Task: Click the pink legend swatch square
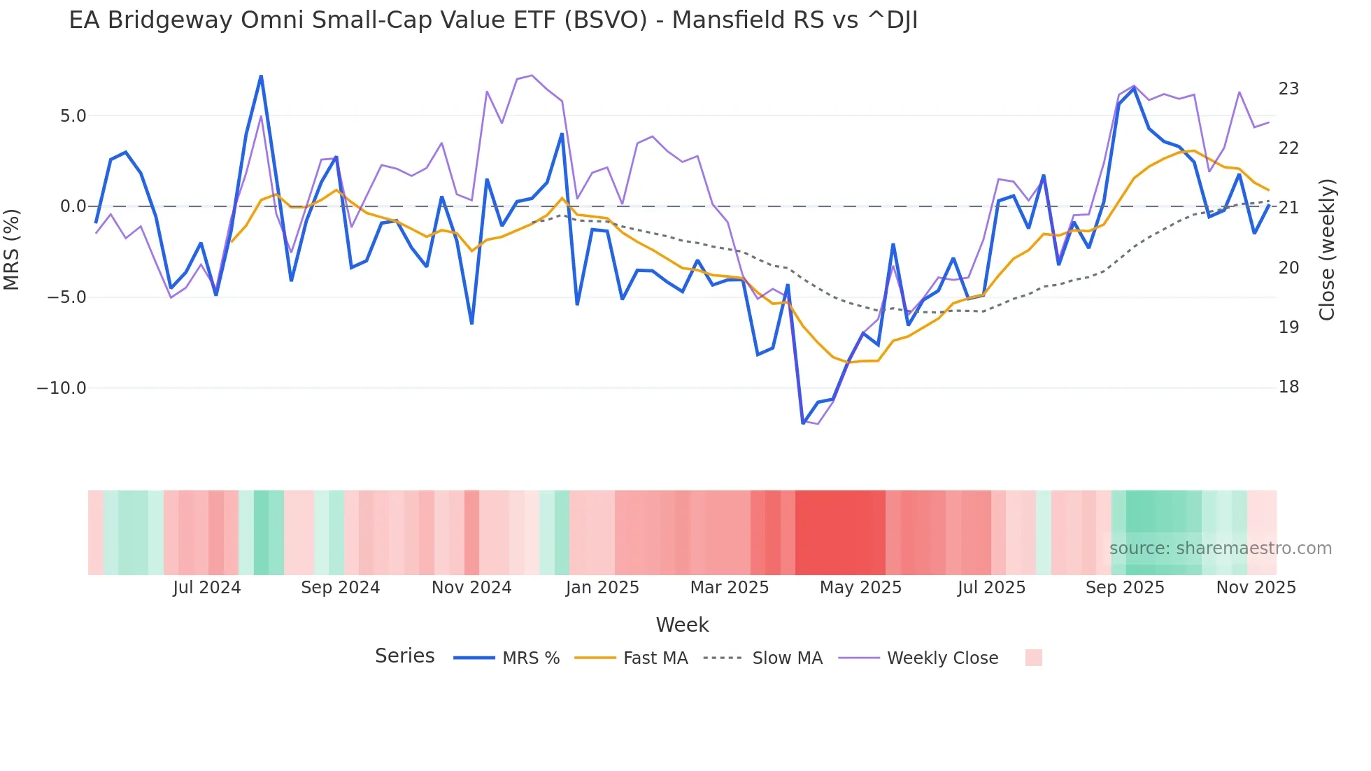(1033, 658)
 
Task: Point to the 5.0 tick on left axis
(73, 116)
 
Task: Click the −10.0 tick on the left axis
(62, 388)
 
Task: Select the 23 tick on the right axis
(1288, 89)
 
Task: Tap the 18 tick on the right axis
(1288, 387)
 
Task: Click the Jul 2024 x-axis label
(206, 588)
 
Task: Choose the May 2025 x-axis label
(860, 588)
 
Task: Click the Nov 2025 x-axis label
(1256, 588)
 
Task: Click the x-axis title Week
(682, 625)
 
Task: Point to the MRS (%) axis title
(12, 249)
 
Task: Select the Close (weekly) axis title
(1327, 249)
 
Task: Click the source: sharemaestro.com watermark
(1220, 549)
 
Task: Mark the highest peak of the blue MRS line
(261, 76)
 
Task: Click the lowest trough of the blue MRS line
(803, 423)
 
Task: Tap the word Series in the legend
(404, 656)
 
